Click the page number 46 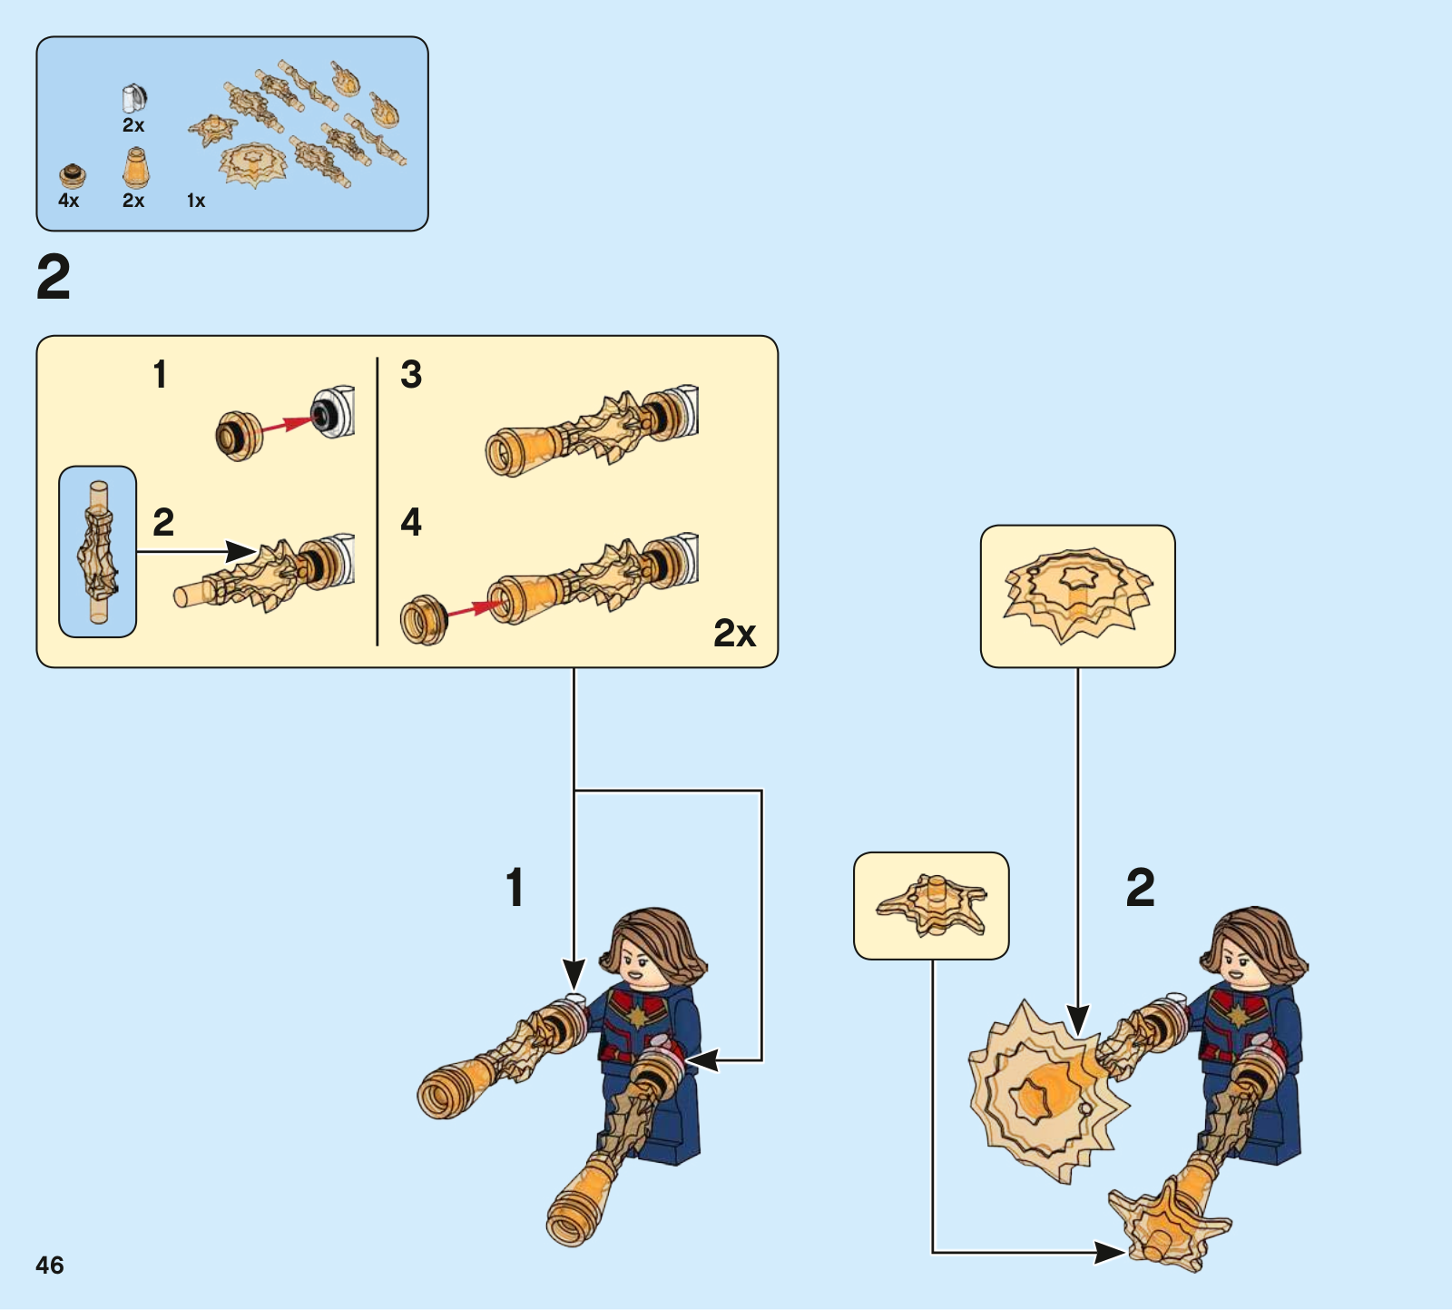pos(50,1265)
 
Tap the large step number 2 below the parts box pos(54,278)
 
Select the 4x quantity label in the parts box pos(69,201)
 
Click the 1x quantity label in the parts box pos(196,201)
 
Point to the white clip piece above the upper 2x pos(134,97)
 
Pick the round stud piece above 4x pos(73,175)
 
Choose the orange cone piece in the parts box pos(135,167)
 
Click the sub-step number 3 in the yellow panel pos(411,374)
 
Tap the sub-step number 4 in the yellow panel pos(411,522)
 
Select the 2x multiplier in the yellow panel pos(734,633)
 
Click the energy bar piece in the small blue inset pos(98,552)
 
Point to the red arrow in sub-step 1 pos(282,425)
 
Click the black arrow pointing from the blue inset pos(196,551)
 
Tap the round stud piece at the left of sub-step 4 pos(424,620)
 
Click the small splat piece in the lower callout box pos(932,904)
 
